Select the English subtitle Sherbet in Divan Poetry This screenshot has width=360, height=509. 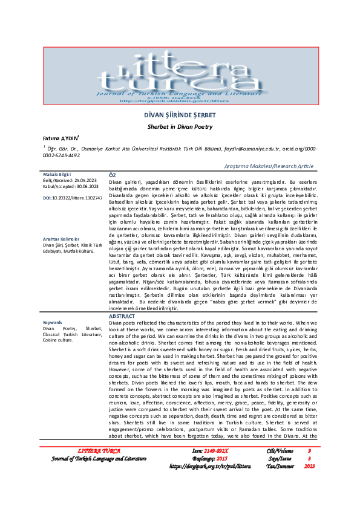[x=179, y=128]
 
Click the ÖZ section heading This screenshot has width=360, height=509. [x=112, y=175]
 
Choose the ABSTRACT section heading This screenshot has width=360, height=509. [x=122, y=316]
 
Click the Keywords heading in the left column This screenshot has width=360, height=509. [x=53, y=322]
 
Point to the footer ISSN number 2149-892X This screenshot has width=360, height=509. [x=219, y=468]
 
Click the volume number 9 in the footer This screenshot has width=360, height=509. [x=309, y=468]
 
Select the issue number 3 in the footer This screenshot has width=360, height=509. [x=309, y=476]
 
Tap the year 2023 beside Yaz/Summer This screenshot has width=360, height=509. [x=309, y=484]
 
